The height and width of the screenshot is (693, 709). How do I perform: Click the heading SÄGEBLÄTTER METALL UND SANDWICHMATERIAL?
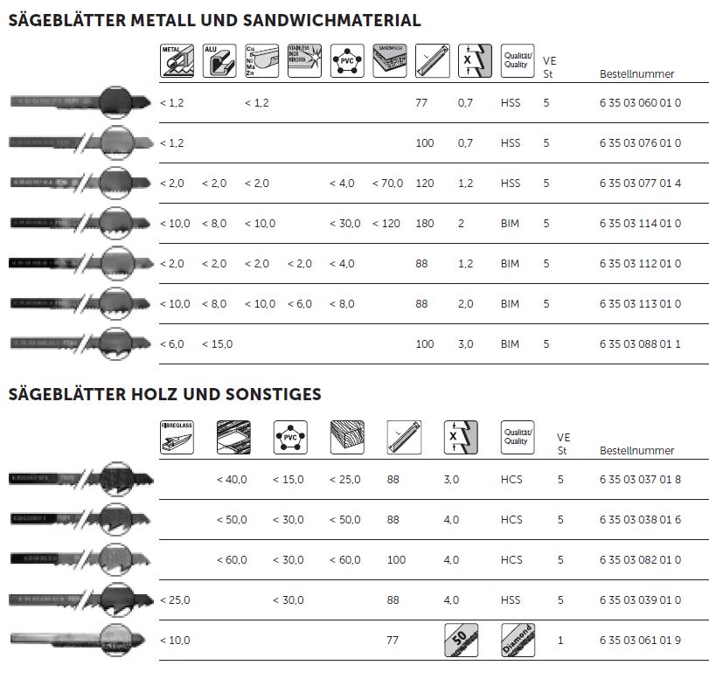coord(214,20)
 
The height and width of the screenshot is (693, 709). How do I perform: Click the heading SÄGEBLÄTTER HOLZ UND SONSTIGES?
coord(164,394)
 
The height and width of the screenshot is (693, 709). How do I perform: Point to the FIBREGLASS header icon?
coord(175,435)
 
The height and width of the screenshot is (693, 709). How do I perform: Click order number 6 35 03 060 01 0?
coord(640,103)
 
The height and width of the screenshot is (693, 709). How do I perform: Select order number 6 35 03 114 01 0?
coord(640,224)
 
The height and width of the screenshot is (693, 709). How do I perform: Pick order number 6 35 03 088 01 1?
coord(640,344)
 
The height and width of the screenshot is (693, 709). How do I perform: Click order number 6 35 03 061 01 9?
coord(640,641)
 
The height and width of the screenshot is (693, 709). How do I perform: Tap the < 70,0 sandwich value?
coord(387,184)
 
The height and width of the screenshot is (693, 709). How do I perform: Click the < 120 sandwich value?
coord(386,224)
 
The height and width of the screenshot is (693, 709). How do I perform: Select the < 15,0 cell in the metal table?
coord(218,344)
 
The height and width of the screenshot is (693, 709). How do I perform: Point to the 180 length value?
coord(425,224)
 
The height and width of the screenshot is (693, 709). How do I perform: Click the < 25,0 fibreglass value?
coord(175,600)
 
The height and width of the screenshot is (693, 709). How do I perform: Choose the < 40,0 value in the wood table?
coord(232,479)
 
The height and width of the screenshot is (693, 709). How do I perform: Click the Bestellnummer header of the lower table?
coord(637,451)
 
